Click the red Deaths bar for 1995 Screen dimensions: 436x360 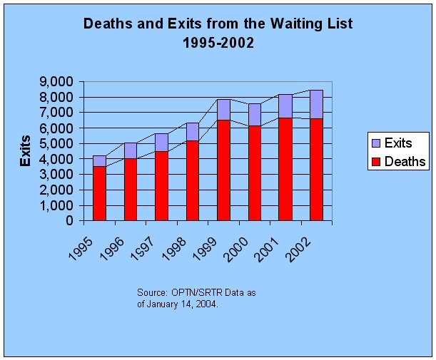pos(100,194)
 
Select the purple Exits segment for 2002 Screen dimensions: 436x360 pos(316,105)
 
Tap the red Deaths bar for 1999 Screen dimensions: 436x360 pos(224,170)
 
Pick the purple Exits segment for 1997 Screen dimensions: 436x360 pos(162,143)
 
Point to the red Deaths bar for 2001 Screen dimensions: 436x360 pos(286,169)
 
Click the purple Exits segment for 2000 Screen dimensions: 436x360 pos(255,115)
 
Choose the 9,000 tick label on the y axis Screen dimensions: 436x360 pos(56,82)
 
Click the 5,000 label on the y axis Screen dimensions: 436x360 pos(56,143)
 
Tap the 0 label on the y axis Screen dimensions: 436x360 pos(69,221)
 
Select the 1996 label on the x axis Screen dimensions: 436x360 pos(112,249)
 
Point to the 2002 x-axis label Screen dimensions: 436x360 pos(299,250)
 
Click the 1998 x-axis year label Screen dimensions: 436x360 pos(174,249)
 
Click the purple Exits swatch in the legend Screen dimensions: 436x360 pos(376,143)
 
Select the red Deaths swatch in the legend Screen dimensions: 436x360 pos(376,162)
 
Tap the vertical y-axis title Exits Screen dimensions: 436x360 pos(25,151)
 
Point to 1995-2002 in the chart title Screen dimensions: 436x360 pos(218,43)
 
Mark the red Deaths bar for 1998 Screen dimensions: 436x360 pos(193,180)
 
